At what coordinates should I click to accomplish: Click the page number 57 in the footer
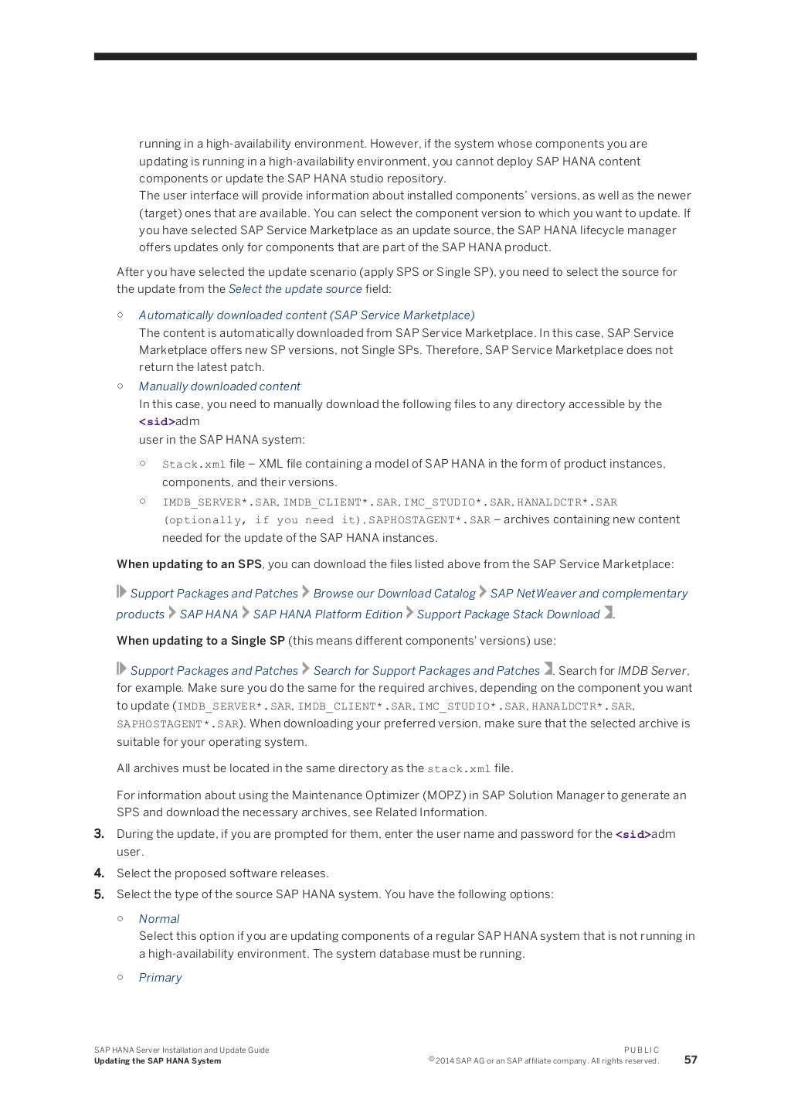pyautogui.click(x=690, y=1060)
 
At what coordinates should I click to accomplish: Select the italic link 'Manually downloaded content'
pyautogui.click(x=219, y=386)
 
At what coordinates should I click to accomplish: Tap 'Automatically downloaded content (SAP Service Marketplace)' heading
pyautogui.click(x=307, y=315)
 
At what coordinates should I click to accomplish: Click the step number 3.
pyautogui.click(x=99, y=834)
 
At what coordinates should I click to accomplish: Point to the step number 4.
pyautogui.click(x=99, y=873)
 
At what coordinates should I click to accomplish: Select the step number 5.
pyautogui.click(x=99, y=894)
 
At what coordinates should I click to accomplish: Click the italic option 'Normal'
pyautogui.click(x=158, y=919)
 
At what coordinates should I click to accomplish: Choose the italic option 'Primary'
pyautogui.click(x=160, y=978)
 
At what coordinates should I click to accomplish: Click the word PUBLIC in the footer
pyautogui.click(x=641, y=1050)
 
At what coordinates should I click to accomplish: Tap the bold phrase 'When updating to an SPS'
pyautogui.click(x=189, y=564)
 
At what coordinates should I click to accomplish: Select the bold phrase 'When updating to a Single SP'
pyautogui.click(x=201, y=641)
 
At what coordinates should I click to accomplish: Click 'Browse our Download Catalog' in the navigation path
pyautogui.click(x=394, y=594)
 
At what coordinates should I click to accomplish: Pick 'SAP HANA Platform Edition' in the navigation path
pyautogui.click(x=328, y=614)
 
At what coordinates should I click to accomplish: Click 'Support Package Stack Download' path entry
pyautogui.click(x=508, y=614)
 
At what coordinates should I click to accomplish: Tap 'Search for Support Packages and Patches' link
pyautogui.click(x=426, y=671)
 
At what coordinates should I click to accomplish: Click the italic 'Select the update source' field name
pyautogui.click(x=295, y=289)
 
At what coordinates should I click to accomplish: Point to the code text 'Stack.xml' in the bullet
pyautogui.click(x=193, y=465)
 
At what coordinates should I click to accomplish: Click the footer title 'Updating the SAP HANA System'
pyautogui.click(x=158, y=1061)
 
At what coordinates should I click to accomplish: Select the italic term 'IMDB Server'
pyautogui.click(x=652, y=671)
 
